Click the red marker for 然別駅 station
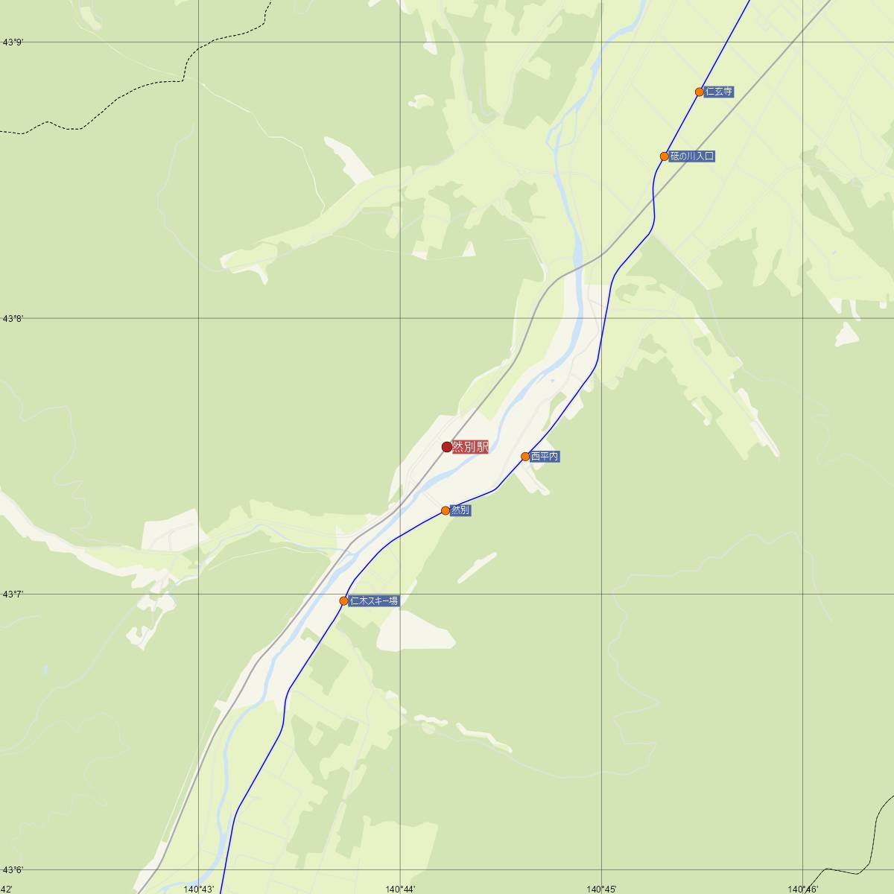[447, 447]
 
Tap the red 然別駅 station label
[470, 447]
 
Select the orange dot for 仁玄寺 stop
[700, 92]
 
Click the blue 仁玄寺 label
[719, 92]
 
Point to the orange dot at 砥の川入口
[665, 156]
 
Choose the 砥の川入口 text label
[692, 156]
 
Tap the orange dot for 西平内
[525, 457]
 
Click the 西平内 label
[545, 457]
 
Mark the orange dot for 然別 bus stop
[446, 510]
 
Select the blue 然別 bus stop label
[460, 510]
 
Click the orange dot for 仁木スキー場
[343, 600]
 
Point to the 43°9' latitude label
[13, 42]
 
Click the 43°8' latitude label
[13, 319]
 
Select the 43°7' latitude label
[13, 595]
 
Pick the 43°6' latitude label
[13, 870]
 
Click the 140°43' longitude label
[199, 889]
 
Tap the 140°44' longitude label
[400, 889]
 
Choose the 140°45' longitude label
[601, 889]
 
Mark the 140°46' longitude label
[803, 889]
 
